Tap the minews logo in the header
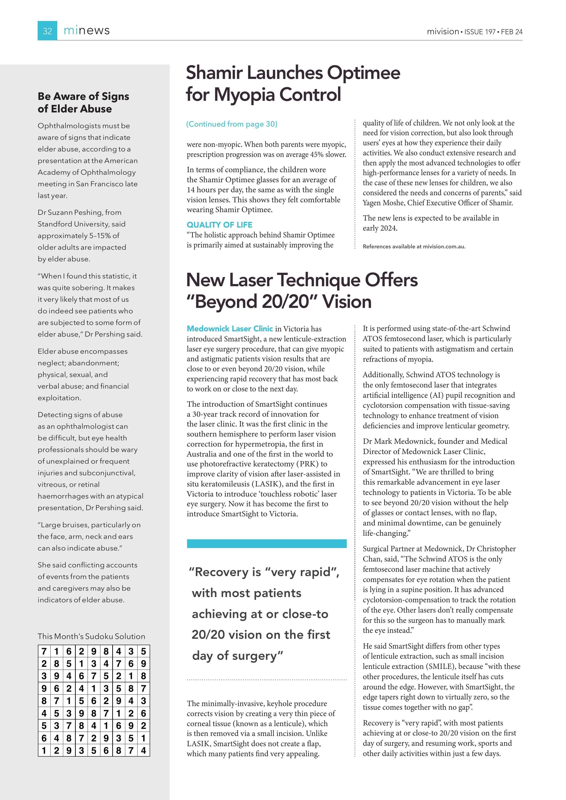(87, 31)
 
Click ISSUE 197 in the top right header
(479, 32)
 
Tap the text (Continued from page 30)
(232, 124)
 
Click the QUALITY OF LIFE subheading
(220, 225)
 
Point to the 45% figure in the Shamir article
(316, 154)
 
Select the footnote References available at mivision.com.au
(414, 246)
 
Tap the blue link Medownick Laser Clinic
(230, 329)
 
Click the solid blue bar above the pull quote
(267, 543)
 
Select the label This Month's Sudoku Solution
(91, 636)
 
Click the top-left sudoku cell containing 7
(44, 651)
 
